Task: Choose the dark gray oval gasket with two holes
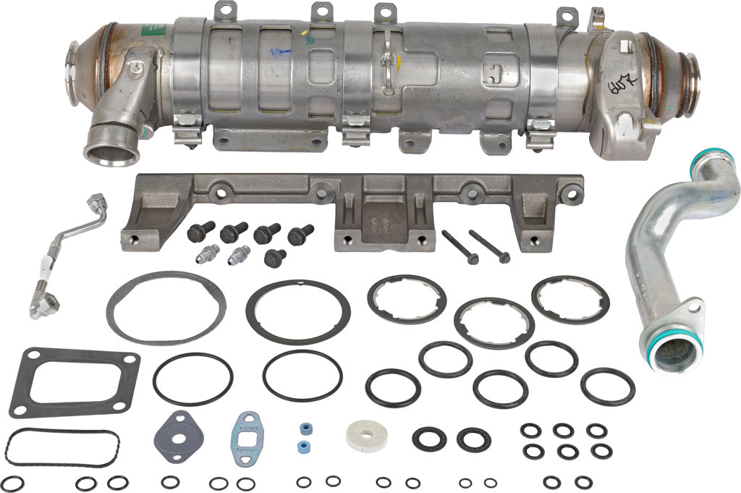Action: (179, 434)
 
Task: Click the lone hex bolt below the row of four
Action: (275, 257)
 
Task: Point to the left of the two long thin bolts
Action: (460, 247)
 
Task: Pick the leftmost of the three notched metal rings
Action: (406, 299)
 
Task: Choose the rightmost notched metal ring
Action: (570, 299)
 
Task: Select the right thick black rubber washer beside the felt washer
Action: (474, 438)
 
